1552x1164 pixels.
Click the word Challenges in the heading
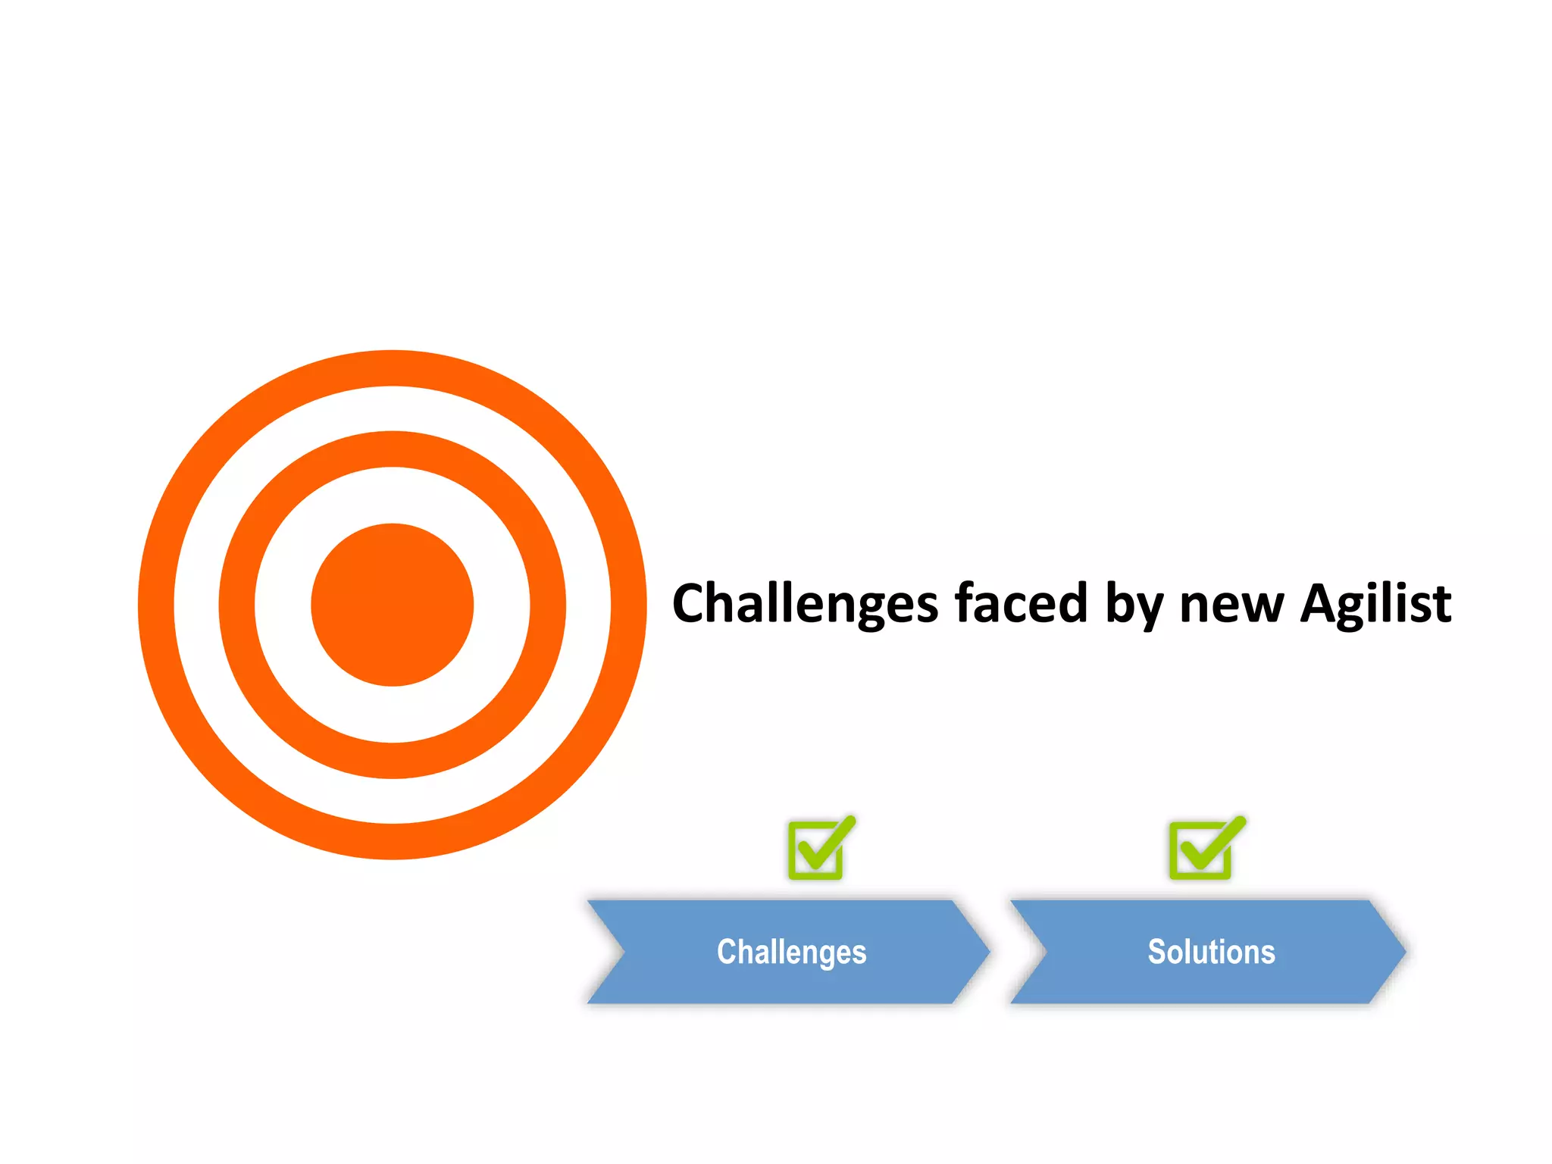point(805,604)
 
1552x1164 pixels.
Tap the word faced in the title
point(1021,604)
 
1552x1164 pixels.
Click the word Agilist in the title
point(1375,604)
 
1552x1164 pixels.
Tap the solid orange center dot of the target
point(393,605)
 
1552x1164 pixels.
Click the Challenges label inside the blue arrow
point(791,952)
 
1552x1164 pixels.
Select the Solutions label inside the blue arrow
point(1211,952)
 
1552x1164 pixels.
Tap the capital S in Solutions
point(1156,952)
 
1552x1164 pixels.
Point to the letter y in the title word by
point(1147,610)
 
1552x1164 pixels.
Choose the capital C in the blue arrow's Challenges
point(726,952)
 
